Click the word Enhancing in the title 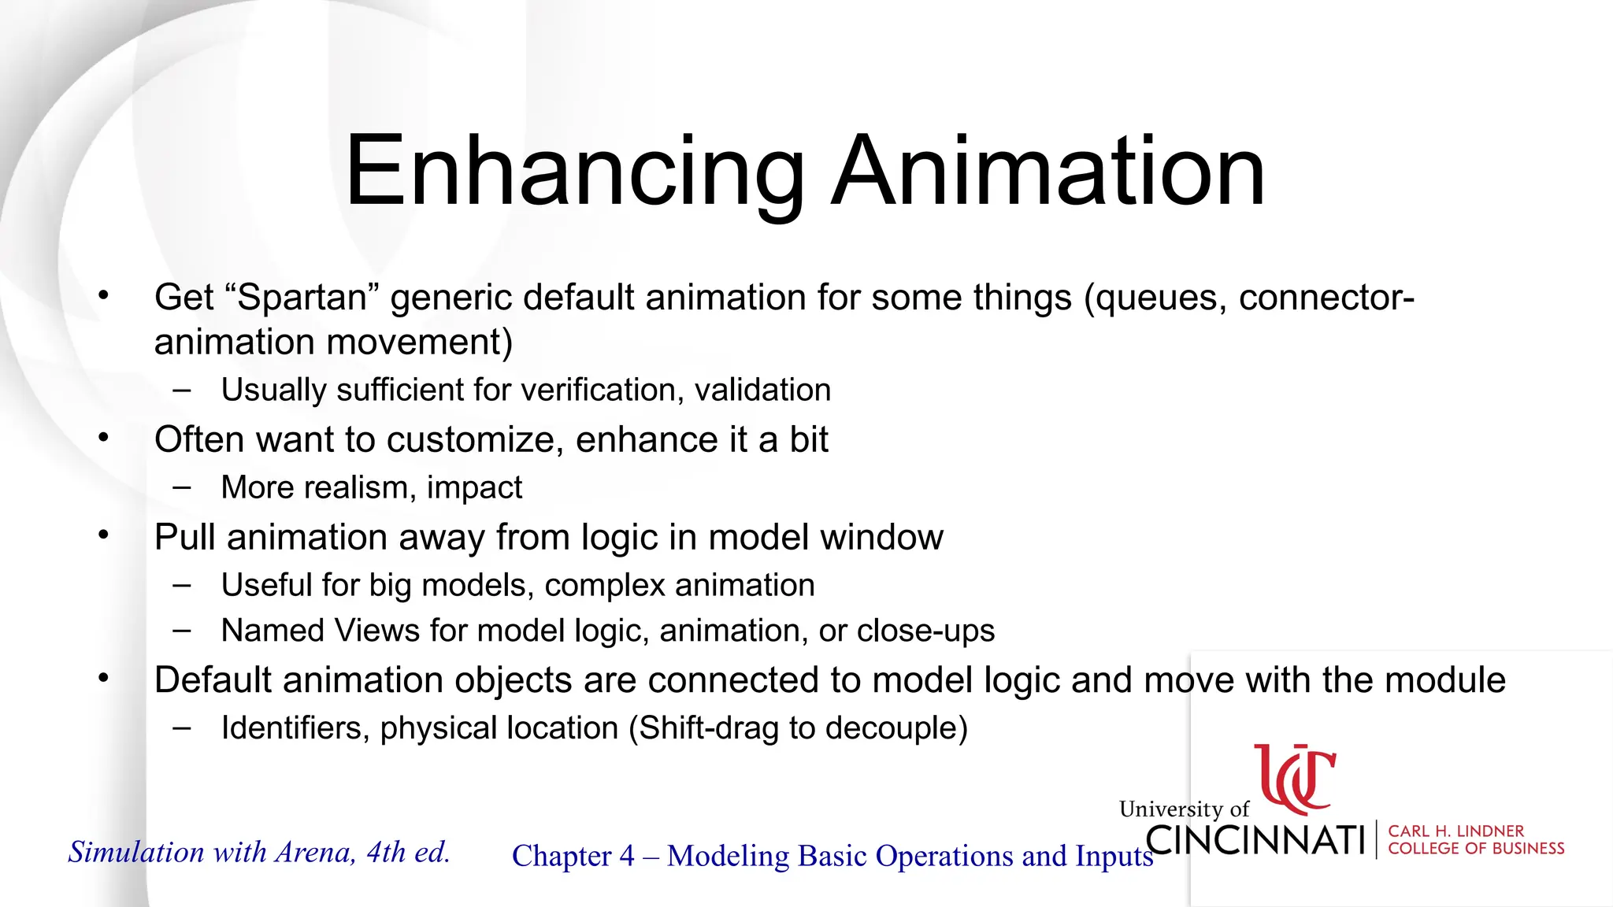575,172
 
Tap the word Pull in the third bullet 185,538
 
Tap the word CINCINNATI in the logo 1255,840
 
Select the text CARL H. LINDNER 1455,831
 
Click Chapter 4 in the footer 573,857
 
